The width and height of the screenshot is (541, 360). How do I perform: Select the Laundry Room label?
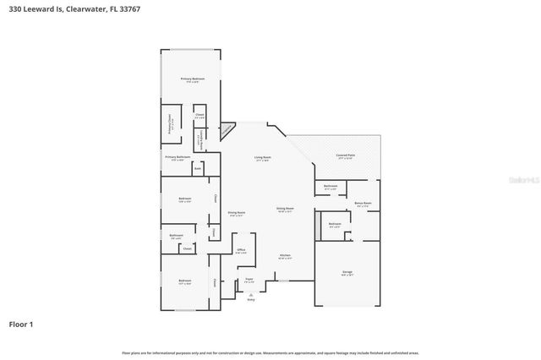(199, 142)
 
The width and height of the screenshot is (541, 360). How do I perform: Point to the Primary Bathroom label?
(178, 158)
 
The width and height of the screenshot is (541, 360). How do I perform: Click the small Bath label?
(198, 169)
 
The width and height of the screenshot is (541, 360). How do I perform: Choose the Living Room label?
(263, 158)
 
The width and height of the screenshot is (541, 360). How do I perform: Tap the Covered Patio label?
(345, 156)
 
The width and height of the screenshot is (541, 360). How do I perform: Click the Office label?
(241, 251)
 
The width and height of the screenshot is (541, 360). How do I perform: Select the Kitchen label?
(286, 257)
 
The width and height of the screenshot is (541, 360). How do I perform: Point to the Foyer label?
(249, 280)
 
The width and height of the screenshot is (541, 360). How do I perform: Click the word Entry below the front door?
(250, 299)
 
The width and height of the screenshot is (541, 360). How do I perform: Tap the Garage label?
(347, 272)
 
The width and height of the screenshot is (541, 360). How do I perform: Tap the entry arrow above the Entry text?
(250, 292)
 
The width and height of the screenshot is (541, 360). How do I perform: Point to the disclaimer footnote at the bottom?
(270, 352)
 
